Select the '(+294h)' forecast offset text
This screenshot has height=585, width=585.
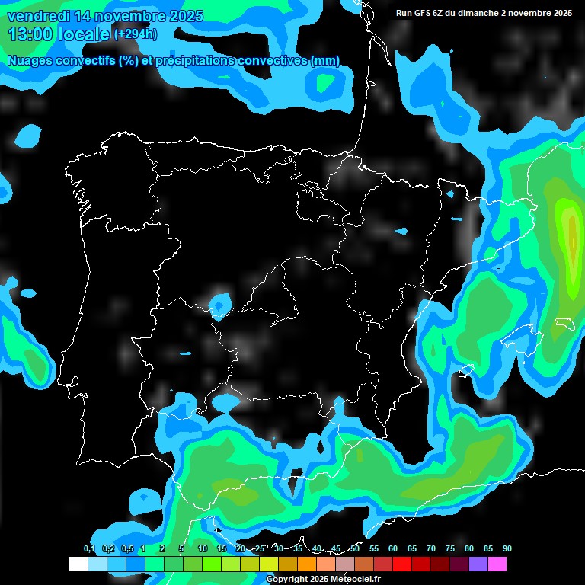coord(136,34)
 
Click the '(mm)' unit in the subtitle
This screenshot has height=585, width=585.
coord(325,61)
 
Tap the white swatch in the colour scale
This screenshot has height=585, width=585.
coord(78,564)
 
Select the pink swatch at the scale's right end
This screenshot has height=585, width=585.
coord(497,564)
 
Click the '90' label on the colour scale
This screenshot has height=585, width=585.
coord(507,549)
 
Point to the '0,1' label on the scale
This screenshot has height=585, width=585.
coord(89,549)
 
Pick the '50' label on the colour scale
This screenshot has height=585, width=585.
coord(355,549)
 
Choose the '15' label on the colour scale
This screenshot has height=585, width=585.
coord(222,549)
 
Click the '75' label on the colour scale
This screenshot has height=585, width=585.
coord(449,549)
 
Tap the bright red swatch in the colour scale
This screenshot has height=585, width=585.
coord(401,564)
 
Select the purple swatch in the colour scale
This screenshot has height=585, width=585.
coord(478,564)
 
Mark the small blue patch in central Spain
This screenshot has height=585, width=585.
coord(220,304)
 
